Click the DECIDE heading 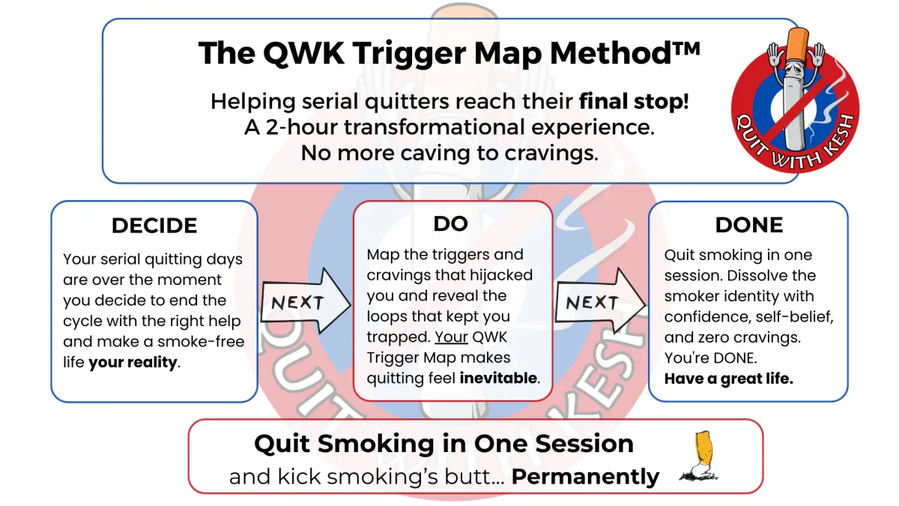[154, 226]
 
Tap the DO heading [450, 223]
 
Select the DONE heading [749, 225]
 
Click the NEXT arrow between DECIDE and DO [304, 304]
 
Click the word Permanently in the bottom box [585, 477]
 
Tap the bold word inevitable [498, 379]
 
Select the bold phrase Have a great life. [728, 379]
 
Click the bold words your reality [133, 363]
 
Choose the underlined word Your [452, 337]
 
